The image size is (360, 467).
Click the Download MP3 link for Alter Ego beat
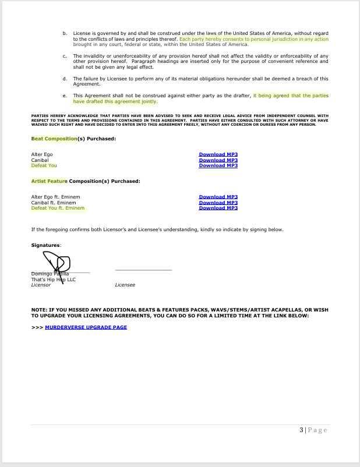(x=218, y=154)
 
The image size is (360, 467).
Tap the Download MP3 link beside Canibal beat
(x=218, y=160)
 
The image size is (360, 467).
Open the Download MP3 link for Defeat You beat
(x=218, y=165)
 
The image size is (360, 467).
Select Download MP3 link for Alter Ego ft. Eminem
(x=218, y=197)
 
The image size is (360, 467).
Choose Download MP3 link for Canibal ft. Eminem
(x=218, y=203)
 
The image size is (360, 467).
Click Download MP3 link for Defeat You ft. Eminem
(x=218, y=208)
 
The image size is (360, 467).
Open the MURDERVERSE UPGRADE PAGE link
(x=86, y=327)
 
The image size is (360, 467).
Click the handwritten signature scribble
(x=58, y=264)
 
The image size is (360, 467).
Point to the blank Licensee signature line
(x=143, y=270)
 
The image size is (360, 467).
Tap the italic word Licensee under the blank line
(x=125, y=285)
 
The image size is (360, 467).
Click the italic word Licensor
(x=41, y=285)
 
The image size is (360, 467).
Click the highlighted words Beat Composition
(x=54, y=139)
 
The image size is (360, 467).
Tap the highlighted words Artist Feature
(x=50, y=181)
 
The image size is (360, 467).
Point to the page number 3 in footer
(x=302, y=430)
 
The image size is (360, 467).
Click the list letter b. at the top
(x=65, y=34)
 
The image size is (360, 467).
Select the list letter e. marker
(x=65, y=95)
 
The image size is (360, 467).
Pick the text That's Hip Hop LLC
(x=53, y=280)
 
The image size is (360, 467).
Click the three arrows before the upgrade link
(x=37, y=327)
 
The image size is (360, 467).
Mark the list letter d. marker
(x=65, y=79)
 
